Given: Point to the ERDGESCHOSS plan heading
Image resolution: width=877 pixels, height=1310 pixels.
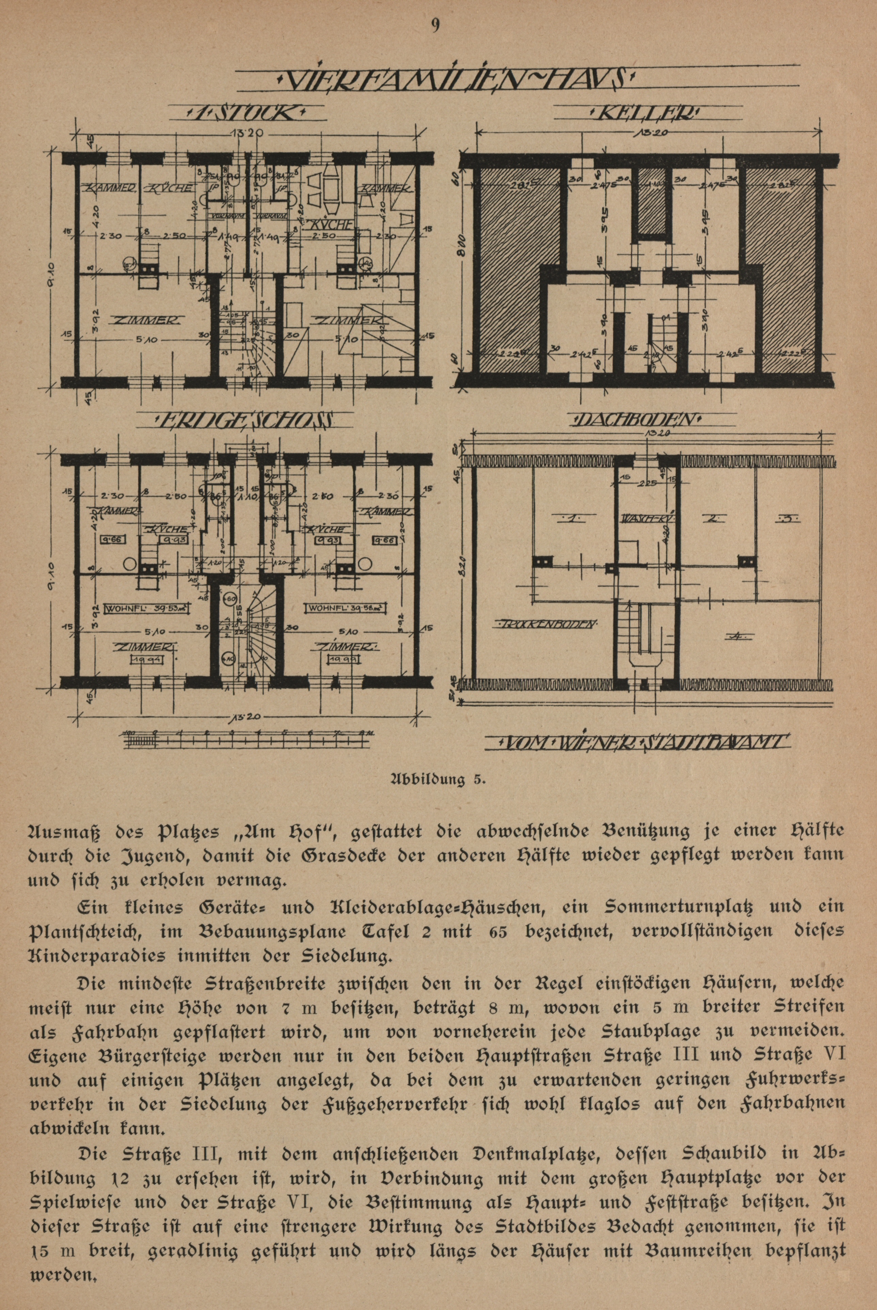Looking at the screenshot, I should click(x=246, y=420).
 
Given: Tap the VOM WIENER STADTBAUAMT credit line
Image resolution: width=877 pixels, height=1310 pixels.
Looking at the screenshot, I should click(x=643, y=743).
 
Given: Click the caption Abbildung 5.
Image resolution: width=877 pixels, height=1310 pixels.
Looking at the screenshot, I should click(x=437, y=779).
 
